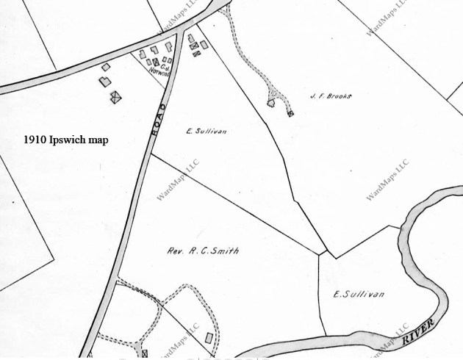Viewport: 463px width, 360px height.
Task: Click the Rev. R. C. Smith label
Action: pyautogui.click(x=207, y=251)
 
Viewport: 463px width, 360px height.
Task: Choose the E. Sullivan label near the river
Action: pyautogui.click(x=359, y=295)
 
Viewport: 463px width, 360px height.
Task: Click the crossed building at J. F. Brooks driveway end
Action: pyautogui.click(x=291, y=113)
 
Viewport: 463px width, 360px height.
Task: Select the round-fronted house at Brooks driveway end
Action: pyautogui.click(x=271, y=104)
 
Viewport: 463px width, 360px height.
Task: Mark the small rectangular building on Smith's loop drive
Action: pyautogui.click(x=209, y=338)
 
